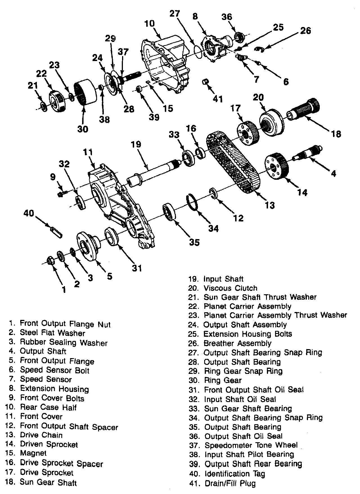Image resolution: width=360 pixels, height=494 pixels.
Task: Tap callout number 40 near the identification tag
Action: (x=28, y=214)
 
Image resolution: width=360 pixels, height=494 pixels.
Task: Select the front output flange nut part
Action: (x=51, y=261)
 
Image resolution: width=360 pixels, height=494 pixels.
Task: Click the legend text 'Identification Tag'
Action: (x=235, y=474)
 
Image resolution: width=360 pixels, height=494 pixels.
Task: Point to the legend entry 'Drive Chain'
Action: (x=41, y=435)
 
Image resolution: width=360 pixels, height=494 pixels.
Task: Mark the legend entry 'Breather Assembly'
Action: (x=237, y=343)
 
